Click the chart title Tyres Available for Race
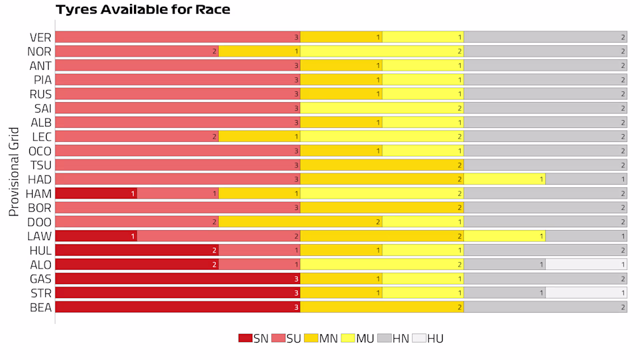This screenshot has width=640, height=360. click(x=143, y=10)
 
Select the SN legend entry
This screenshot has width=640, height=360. click(x=253, y=338)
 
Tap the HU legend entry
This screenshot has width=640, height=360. click(x=427, y=338)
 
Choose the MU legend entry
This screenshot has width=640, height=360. click(x=357, y=338)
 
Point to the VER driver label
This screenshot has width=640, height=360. click(x=41, y=37)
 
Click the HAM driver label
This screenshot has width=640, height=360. click(x=39, y=193)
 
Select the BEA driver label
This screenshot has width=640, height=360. click(x=41, y=307)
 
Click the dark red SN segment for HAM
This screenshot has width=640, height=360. click(x=95, y=193)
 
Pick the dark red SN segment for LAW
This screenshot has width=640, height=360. click(x=95, y=236)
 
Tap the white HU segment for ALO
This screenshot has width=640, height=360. click(x=586, y=264)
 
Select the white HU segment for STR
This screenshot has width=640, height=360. click(x=586, y=293)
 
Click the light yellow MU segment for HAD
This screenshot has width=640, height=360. click(x=504, y=179)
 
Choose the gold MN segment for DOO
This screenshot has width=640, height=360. click(x=300, y=221)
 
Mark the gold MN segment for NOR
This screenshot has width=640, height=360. click(x=259, y=51)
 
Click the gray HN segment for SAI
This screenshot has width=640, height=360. click(x=545, y=108)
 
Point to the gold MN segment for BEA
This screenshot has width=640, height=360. click(x=381, y=307)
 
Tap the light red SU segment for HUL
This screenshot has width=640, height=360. click(x=259, y=250)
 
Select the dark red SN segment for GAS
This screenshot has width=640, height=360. click(x=177, y=279)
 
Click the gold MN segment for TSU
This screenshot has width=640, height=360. click(x=381, y=165)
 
